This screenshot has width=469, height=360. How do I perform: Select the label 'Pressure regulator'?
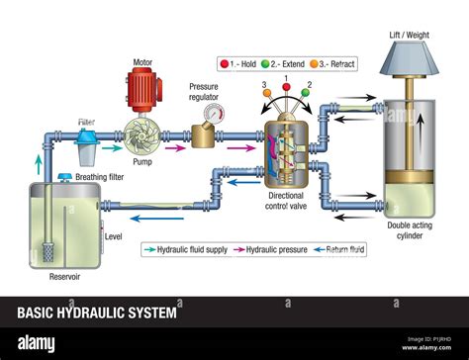click(204, 92)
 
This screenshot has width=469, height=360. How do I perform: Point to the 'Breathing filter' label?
click(103, 178)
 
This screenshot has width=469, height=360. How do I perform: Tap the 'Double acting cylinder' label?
click(409, 230)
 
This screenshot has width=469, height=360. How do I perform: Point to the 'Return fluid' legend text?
click(347, 250)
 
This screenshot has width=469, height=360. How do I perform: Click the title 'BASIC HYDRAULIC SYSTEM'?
click(97, 314)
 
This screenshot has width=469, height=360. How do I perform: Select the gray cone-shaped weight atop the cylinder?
click(409, 60)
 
